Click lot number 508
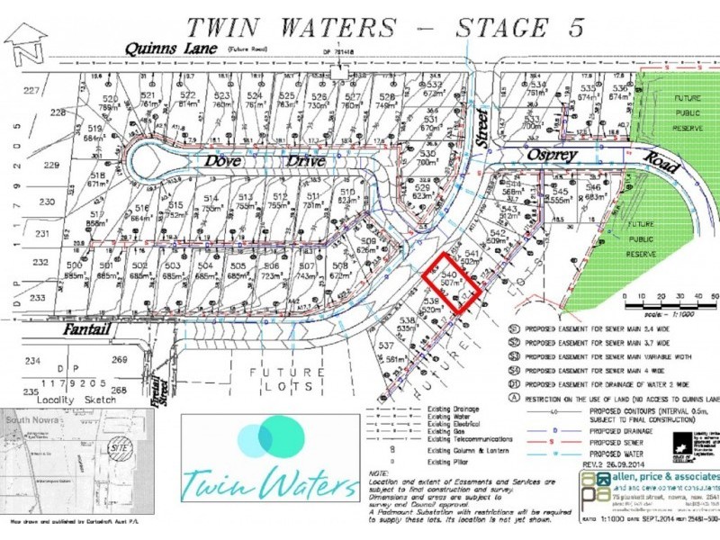(338, 267)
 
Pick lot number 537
(387, 346)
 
